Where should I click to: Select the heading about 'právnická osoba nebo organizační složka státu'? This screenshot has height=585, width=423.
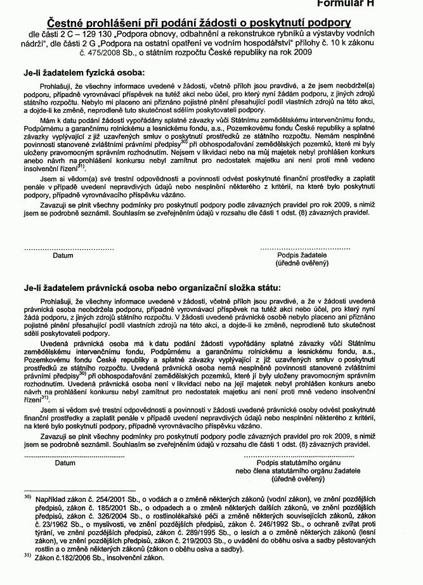152,288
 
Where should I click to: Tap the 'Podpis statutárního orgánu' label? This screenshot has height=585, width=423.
301,463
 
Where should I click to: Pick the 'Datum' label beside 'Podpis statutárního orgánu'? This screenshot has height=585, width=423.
65,463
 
